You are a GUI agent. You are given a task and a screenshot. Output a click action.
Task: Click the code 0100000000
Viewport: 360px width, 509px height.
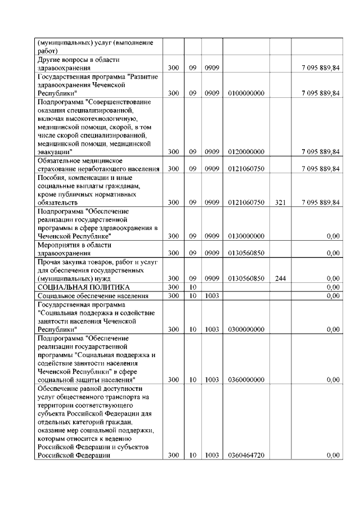[x=246, y=93]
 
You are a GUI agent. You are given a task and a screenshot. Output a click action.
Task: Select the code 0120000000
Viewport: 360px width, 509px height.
[x=246, y=152]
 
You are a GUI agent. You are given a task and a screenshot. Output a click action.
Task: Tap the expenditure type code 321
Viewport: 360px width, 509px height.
[x=281, y=202]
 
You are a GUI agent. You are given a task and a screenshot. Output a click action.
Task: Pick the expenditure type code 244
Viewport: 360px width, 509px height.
[x=281, y=278]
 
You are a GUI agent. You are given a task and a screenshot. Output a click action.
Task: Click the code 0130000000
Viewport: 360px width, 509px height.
[x=246, y=237]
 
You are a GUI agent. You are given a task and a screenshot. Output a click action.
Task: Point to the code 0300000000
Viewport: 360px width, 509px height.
[x=246, y=329]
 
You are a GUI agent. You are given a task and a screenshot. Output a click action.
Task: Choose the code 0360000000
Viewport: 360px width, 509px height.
[x=246, y=380]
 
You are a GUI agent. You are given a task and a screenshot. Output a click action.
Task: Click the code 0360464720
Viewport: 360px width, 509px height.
[x=246, y=456]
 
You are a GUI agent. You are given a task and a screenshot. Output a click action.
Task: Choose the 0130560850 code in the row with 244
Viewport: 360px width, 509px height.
[x=246, y=278]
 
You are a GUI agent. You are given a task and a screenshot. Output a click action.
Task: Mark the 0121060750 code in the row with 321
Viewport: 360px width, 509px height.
[x=246, y=202]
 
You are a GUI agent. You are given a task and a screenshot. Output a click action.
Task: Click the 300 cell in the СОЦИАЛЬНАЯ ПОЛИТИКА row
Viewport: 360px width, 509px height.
[x=173, y=287]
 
